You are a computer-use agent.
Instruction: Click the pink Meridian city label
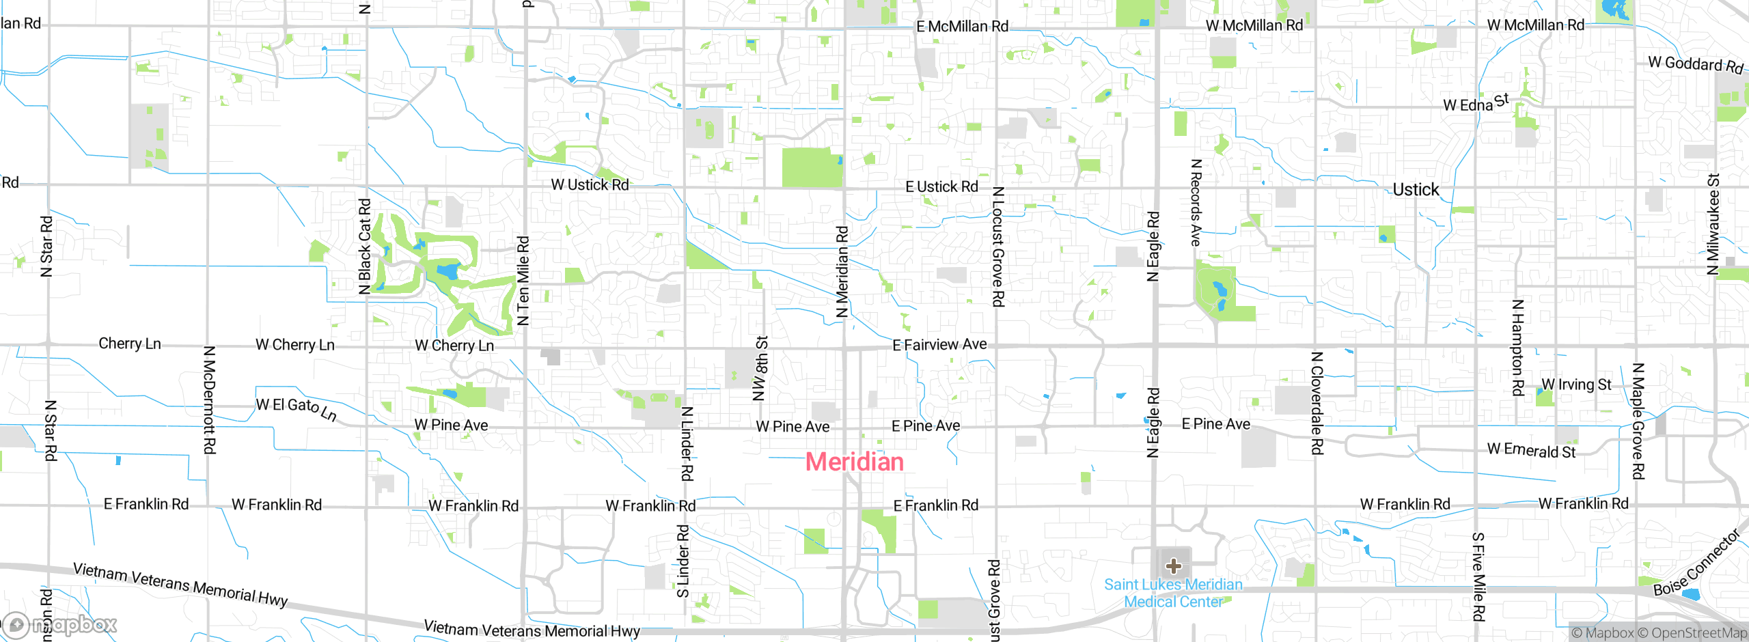point(854,462)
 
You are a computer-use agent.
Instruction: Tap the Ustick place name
point(1416,190)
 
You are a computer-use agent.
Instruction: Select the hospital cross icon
point(1174,566)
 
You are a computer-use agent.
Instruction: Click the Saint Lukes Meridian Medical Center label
point(1173,593)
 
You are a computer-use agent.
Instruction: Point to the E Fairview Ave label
point(939,345)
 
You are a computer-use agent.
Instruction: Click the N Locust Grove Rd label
point(998,247)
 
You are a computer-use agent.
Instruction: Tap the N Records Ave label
point(1196,202)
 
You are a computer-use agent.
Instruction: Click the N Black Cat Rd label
point(365,246)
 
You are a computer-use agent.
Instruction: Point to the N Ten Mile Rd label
point(523,280)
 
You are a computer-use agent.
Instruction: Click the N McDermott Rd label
point(210,400)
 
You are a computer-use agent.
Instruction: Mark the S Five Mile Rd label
point(1478,577)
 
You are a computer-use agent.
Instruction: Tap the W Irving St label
point(1576,385)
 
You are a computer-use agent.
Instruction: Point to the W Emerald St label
point(1531,450)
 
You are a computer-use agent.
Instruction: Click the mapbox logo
point(60,625)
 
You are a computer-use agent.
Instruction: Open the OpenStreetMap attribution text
point(1697,633)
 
